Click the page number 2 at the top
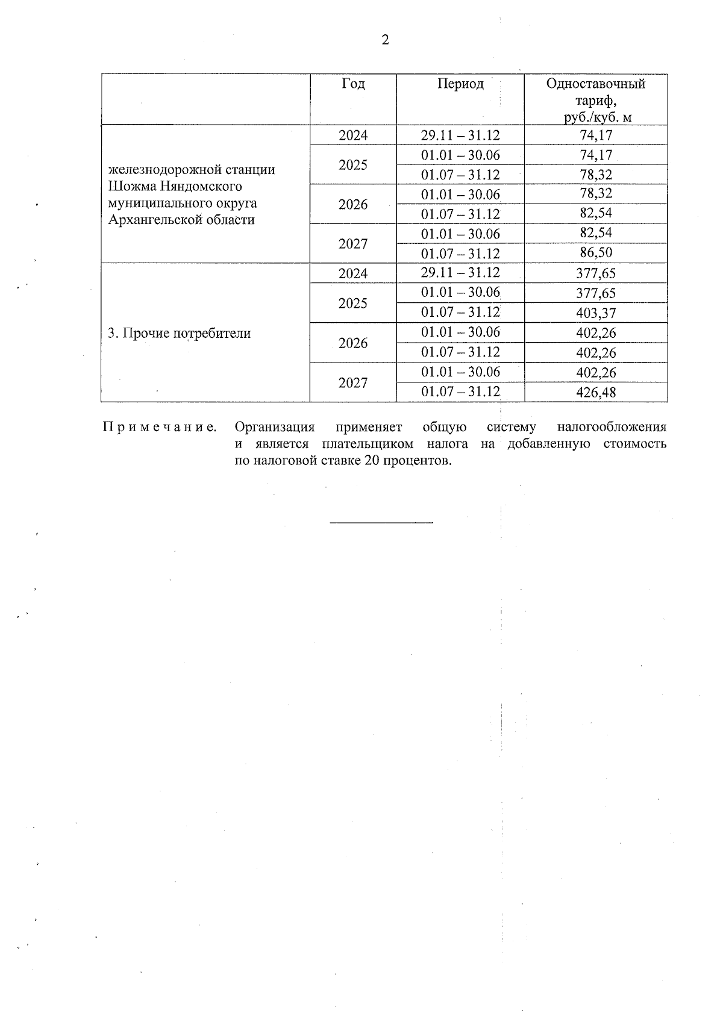pos(385,40)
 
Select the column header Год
pos(353,84)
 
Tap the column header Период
pos(460,84)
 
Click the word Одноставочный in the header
pos(595,84)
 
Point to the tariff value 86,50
pos(595,253)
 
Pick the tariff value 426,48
pos(595,392)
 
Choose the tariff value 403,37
pos(595,313)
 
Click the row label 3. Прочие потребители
pos(179,333)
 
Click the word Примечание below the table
pos(160,428)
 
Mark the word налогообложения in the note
pos(611,428)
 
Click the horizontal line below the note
pos(382,522)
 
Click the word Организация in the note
pos(275,428)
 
